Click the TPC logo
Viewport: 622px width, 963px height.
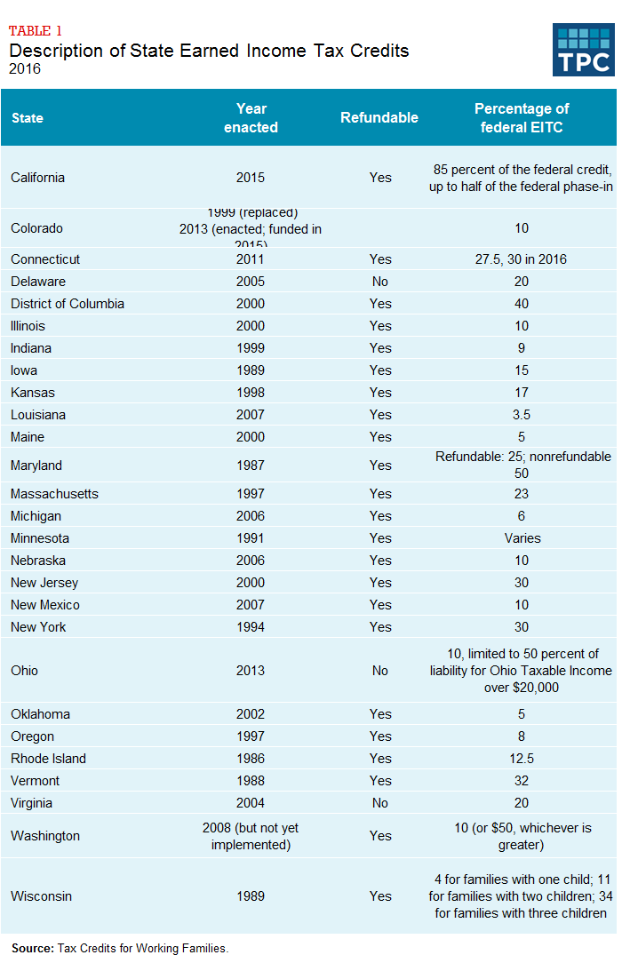point(583,50)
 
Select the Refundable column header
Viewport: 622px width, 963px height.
point(379,117)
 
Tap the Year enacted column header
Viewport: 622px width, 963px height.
point(251,117)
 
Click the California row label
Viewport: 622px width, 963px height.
point(37,177)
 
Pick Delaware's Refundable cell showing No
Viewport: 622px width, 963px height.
point(380,282)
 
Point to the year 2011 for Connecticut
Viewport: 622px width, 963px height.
point(251,259)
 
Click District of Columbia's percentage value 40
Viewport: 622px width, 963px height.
point(522,304)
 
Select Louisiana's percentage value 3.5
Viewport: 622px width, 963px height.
point(522,415)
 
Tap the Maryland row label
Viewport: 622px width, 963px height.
point(36,466)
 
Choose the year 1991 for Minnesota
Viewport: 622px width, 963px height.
point(251,538)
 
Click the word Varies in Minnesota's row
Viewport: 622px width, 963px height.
point(522,538)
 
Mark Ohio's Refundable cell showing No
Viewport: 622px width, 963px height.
point(380,671)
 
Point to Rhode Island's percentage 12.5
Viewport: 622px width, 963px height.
point(522,759)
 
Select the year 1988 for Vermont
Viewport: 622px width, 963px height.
point(251,781)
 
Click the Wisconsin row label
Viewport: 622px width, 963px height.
point(41,896)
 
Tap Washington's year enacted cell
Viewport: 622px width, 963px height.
point(251,836)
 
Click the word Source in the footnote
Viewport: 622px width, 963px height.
point(32,948)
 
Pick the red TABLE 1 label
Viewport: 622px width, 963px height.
point(36,32)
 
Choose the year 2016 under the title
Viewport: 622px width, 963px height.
point(25,68)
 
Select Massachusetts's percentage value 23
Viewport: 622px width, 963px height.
point(522,494)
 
